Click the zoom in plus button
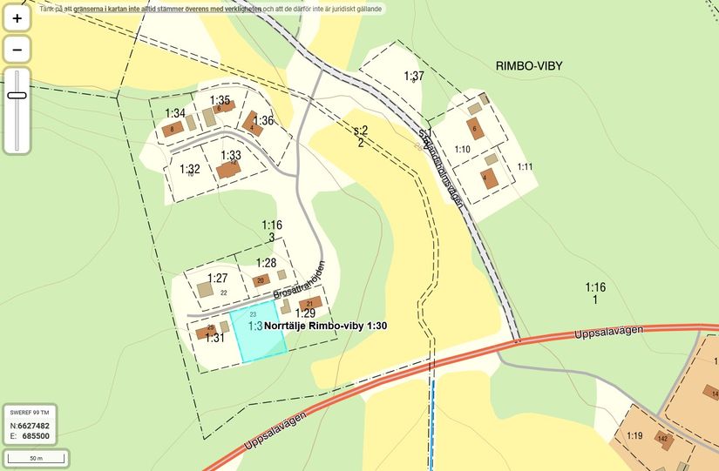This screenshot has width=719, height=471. click(17, 17)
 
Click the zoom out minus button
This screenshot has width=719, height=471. click(17, 50)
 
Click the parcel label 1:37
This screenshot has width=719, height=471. click(414, 77)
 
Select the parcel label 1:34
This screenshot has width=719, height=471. click(175, 113)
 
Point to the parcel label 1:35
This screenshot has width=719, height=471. click(220, 100)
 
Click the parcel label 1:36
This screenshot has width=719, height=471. click(264, 120)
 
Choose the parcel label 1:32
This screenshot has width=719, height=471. click(190, 170)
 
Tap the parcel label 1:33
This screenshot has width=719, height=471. click(231, 156)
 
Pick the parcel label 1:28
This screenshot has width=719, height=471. click(266, 263)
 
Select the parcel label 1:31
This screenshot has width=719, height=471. click(214, 338)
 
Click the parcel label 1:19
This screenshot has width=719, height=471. click(634, 436)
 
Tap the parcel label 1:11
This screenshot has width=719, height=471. click(525, 166)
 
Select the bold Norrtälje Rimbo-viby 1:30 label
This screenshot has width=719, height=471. click(325, 326)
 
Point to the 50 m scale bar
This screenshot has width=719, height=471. click(36, 457)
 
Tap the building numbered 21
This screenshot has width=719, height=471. click(311, 303)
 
